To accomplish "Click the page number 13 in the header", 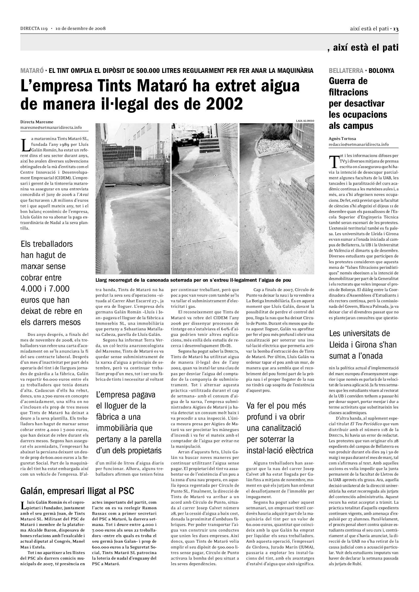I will coord(396,29).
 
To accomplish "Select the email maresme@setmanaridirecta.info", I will coord(51,127).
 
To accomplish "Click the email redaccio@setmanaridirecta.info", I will coord(359,144).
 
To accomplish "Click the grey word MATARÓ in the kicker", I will coord(32,71).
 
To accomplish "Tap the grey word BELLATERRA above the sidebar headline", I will coord(346,71).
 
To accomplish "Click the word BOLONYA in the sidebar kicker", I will coord(381,71).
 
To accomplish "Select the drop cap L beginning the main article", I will coord(25,146).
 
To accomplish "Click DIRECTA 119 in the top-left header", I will coord(34,29).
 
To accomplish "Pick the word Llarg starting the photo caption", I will coord(101,280).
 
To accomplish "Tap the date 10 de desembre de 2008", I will coord(81,29).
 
